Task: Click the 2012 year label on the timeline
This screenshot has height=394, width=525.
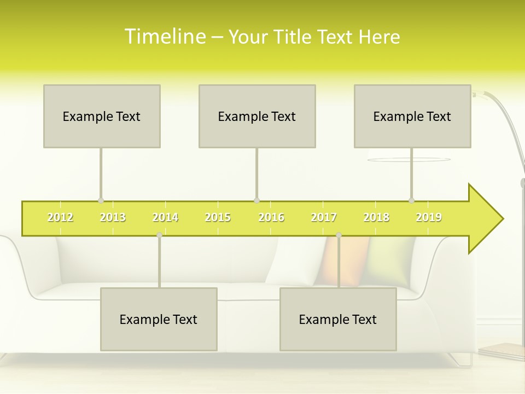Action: [x=60, y=217]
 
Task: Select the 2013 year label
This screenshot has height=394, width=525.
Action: [x=113, y=217]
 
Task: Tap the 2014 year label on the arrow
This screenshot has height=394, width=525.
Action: [x=165, y=217]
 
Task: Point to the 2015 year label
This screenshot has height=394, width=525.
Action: [x=218, y=217]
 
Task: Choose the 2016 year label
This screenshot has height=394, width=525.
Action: [x=271, y=217]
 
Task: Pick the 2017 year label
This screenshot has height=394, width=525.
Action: [x=324, y=217]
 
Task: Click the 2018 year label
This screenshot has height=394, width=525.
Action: [x=376, y=217]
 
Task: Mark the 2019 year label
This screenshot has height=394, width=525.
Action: [x=429, y=217]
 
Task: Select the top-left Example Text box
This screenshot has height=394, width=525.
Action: [x=102, y=116]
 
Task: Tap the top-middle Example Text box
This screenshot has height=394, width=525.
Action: [x=257, y=116]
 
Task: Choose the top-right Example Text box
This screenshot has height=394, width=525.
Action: [x=412, y=116]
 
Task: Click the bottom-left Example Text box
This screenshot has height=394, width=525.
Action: [x=159, y=319]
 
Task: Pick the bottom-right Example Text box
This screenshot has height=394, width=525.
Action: [x=338, y=319]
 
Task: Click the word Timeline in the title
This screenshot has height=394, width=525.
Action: [x=165, y=36]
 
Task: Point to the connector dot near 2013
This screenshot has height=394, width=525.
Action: [x=101, y=200]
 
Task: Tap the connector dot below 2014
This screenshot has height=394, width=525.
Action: [x=159, y=235]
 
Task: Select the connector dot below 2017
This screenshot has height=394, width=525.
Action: [x=339, y=235]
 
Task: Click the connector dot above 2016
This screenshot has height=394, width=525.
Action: [x=256, y=200]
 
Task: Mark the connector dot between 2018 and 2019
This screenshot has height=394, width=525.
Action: [x=411, y=200]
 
